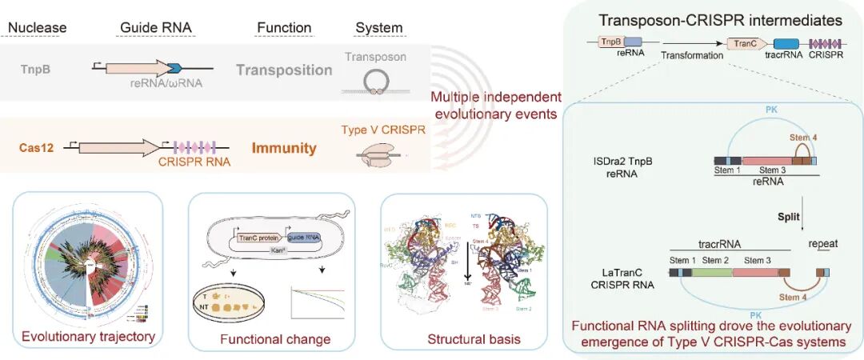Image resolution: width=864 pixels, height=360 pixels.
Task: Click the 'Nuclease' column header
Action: [x=37, y=28]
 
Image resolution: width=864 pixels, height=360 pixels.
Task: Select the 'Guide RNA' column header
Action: [x=155, y=28]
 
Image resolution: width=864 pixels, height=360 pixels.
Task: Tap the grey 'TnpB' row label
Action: [x=36, y=69]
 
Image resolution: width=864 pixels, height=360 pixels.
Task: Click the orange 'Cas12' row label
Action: [x=38, y=147]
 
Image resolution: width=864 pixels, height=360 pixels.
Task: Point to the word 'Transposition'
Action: [x=284, y=70]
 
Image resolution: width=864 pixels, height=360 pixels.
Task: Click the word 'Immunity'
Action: [x=284, y=148]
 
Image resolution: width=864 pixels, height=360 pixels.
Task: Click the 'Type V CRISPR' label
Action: [x=374, y=127]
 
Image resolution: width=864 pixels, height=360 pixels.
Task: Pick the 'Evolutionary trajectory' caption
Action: [x=88, y=336]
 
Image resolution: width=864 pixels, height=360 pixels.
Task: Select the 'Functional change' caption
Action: [x=274, y=339]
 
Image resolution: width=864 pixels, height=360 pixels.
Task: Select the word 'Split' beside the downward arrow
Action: [x=791, y=217]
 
